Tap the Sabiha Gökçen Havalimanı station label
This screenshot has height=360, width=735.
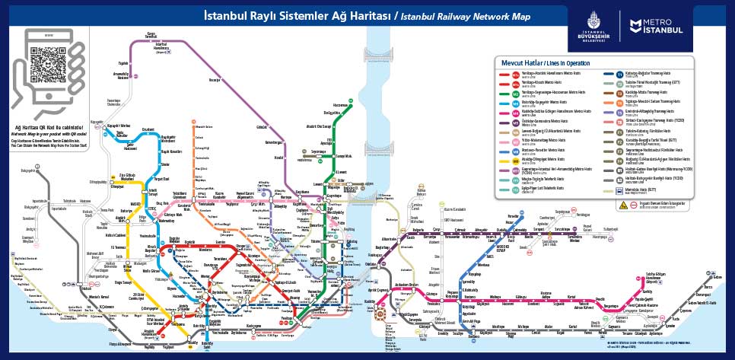[656, 276]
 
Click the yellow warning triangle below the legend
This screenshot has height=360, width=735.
[622, 205]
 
